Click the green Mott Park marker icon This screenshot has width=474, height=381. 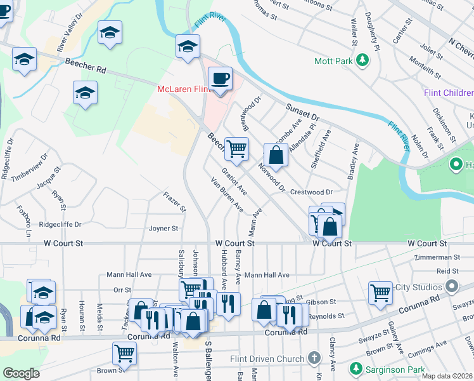[x=362, y=61]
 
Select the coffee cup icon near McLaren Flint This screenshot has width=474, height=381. [x=220, y=79]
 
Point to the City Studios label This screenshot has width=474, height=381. [x=419, y=287]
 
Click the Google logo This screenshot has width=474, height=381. [x=21, y=373]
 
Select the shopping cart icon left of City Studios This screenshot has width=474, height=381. [x=380, y=293]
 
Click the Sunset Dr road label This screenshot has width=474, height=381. [x=302, y=113]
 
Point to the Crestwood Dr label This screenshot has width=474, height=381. [x=311, y=192]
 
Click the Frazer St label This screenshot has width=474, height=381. [x=175, y=201]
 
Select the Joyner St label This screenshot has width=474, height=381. [x=163, y=229]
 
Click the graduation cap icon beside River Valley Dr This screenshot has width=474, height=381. [x=110, y=32]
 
